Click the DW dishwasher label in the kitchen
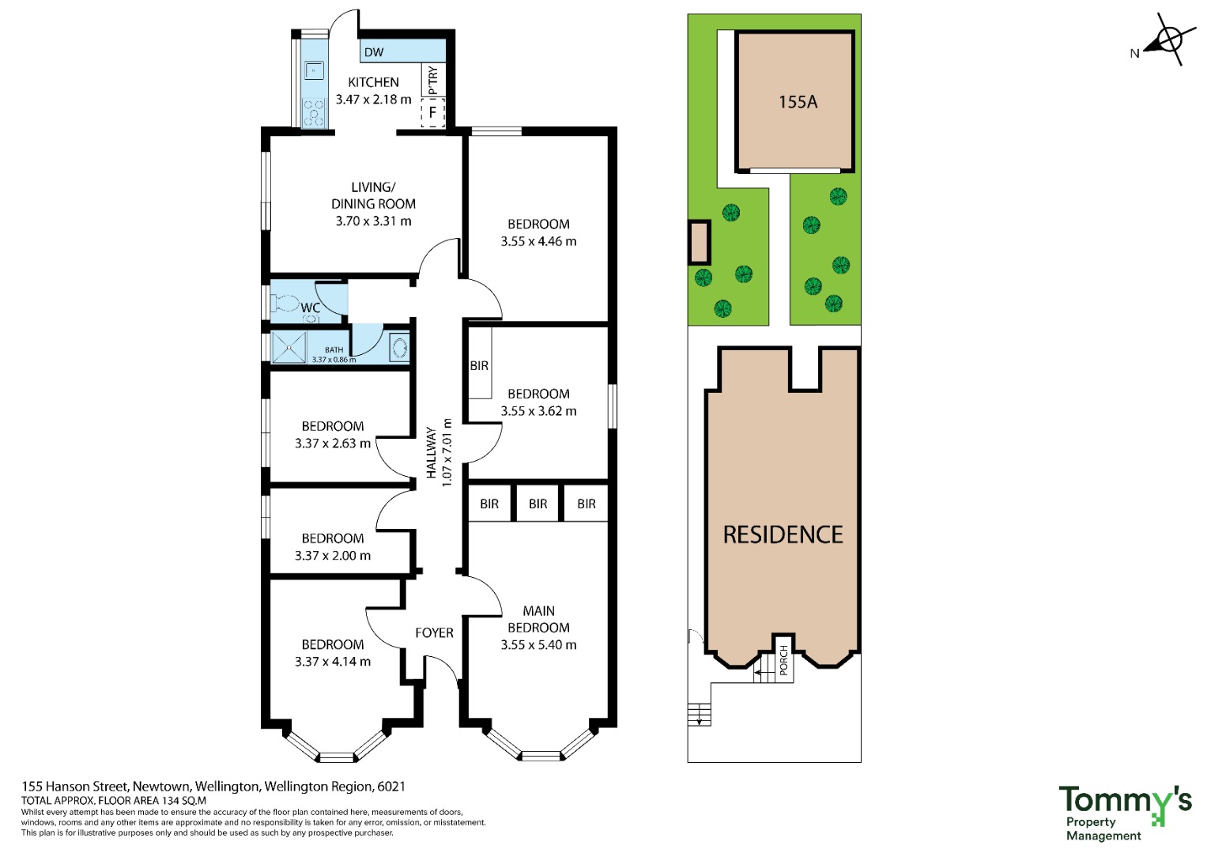click(x=373, y=52)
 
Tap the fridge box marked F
click(x=432, y=113)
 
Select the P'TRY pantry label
click(x=432, y=80)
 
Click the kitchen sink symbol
click(x=314, y=70)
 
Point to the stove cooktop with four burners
click(x=314, y=112)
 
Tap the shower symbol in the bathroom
click(x=289, y=348)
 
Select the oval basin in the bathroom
click(x=399, y=348)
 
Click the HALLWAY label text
click(x=431, y=453)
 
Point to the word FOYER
click(x=434, y=632)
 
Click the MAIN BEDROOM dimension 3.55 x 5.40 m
click(x=538, y=644)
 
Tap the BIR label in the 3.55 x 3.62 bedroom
click(x=479, y=366)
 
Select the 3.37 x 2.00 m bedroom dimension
click(x=333, y=555)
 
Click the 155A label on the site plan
click(x=798, y=102)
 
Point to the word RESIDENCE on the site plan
click(x=783, y=534)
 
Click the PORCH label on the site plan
click(x=783, y=660)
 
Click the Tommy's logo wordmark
click(x=1125, y=800)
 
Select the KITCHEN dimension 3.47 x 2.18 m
click(x=373, y=99)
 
